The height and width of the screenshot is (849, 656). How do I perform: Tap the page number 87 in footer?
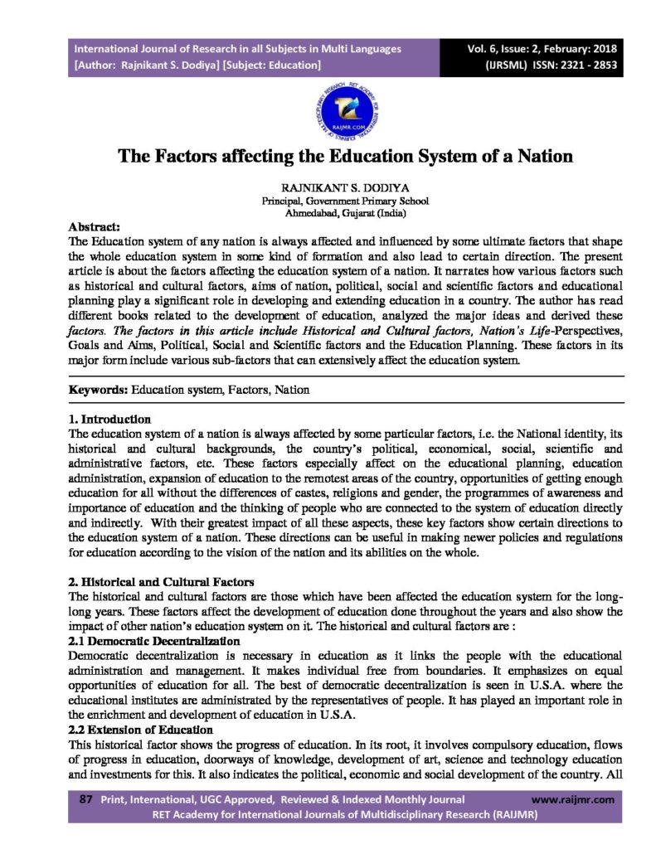(x=85, y=800)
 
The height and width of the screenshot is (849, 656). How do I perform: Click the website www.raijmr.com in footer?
(x=573, y=800)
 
